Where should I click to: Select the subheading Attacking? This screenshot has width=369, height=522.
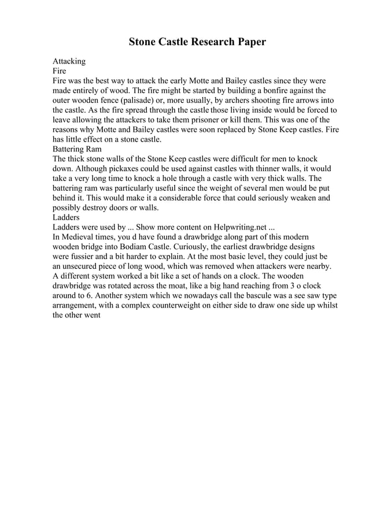(x=69, y=61)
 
